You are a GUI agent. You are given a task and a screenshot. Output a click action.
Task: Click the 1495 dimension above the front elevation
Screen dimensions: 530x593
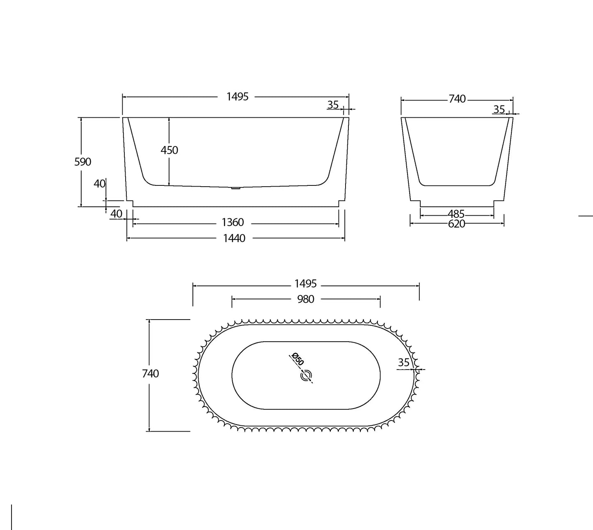click(x=238, y=97)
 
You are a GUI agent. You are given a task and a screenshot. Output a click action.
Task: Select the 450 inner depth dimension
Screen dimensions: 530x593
click(x=169, y=150)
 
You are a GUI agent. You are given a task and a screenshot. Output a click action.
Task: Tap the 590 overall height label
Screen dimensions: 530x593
click(x=82, y=162)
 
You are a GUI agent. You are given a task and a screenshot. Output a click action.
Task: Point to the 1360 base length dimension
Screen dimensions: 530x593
click(x=233, y=222)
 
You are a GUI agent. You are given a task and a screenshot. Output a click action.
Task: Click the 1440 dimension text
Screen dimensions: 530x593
click(x=234, y=238)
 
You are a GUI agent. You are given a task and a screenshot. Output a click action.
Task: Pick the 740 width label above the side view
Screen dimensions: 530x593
click(x=457, y=99)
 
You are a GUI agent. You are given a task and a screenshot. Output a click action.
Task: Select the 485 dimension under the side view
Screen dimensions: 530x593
click(x=456, y=214)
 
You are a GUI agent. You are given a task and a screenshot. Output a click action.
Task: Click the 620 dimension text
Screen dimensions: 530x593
click(x=456, y=224)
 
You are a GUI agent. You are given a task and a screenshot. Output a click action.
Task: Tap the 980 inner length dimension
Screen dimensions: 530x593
click(x=305, y=299)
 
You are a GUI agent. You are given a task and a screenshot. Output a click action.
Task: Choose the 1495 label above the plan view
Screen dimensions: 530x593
click(x=305, y=283)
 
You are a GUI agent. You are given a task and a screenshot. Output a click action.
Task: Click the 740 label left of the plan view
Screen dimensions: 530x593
click(x=150, y=374)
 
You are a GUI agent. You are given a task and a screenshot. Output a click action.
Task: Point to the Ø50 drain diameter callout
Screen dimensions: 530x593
click(x=297, y=359)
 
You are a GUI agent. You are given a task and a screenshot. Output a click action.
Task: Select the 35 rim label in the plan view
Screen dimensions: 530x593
click(x=404, y=363)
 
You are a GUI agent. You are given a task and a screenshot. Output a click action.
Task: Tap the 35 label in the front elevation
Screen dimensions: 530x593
click(x=333, y=105)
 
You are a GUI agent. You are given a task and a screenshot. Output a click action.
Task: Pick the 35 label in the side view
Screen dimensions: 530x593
click(x=499, y=110)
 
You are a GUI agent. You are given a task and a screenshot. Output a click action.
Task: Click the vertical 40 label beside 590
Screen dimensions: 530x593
click(x=99, y=184)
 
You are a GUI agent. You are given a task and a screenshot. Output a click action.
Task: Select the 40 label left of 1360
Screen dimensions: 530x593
click(x=117, y=214)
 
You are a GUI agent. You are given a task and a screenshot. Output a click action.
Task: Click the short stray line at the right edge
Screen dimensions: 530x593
click(x=586, y=215)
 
